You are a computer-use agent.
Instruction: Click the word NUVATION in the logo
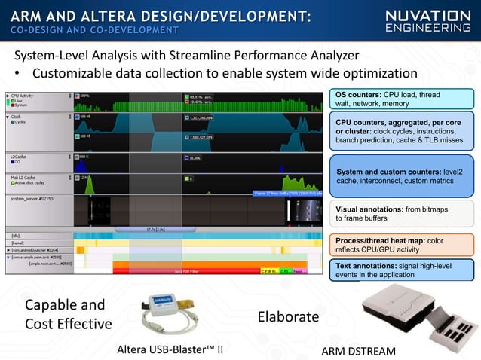click(x=427, y=15)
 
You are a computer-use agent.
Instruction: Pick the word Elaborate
click(x=289, y=316)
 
